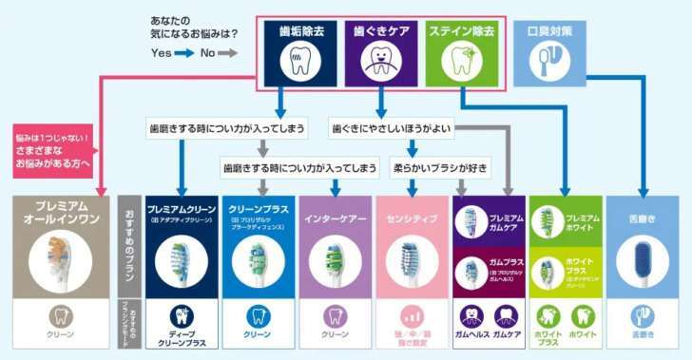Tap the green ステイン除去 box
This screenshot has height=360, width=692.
pyautogui.click(x=462, y=51)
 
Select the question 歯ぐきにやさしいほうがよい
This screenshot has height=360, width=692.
pyautogui.click(x=391, y=127)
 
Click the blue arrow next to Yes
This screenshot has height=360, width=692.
pyautogui.click(x=182, y=53)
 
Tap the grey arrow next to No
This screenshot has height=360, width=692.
pyautogui.click(x=227, y=53)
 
